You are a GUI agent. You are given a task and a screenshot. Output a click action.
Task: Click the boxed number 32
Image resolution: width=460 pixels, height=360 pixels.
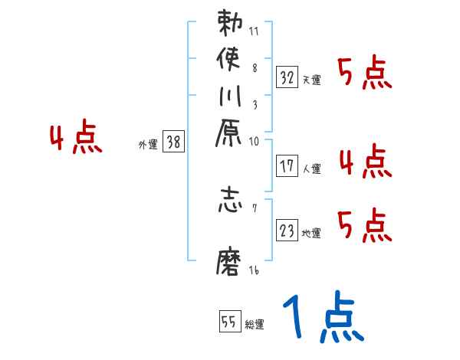287,77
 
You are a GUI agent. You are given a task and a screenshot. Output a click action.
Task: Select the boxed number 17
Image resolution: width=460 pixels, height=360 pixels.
287,165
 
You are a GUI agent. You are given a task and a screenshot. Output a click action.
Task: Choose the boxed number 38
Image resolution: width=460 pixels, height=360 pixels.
174,141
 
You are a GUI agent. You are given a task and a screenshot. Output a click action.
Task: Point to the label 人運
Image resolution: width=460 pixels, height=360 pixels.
311,167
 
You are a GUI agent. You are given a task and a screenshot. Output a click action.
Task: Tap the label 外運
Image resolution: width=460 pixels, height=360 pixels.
148,143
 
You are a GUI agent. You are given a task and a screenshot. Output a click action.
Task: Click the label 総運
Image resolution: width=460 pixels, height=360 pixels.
255,325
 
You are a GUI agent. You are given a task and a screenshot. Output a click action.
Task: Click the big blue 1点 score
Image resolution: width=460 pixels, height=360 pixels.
322,318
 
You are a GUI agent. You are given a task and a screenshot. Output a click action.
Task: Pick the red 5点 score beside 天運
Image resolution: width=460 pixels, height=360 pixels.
365,74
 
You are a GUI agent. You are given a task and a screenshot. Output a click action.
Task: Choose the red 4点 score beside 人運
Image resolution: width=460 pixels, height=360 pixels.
365,162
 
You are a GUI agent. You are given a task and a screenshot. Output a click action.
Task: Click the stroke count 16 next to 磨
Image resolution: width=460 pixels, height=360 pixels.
254,270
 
